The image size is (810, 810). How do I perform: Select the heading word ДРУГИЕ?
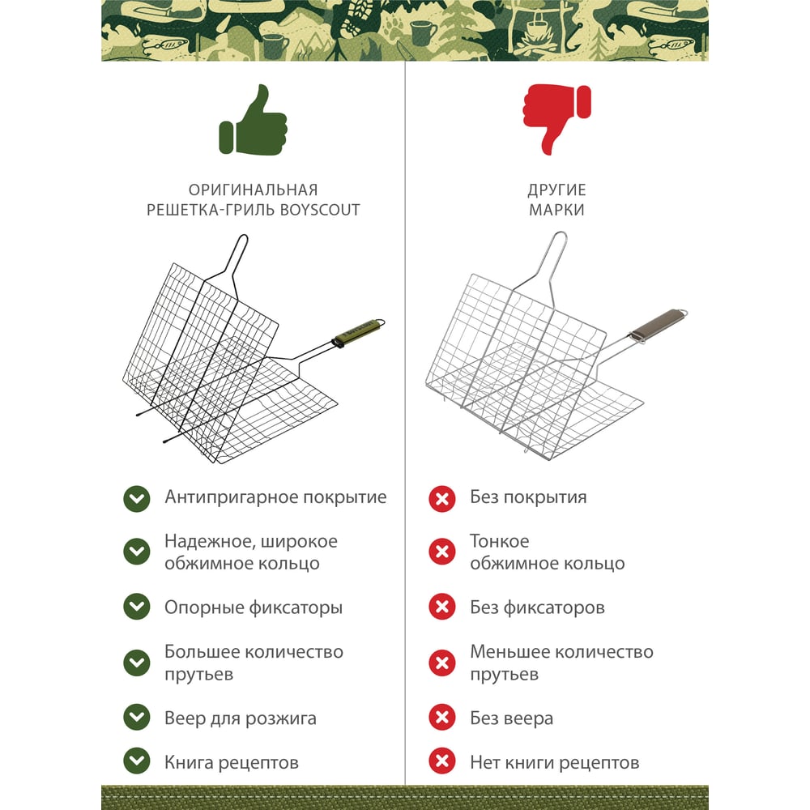coord(556,190)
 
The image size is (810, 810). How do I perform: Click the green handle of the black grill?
coord(360,331)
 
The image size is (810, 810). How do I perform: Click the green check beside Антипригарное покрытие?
coord(137,498)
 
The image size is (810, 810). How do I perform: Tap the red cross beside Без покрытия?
coord(442,498)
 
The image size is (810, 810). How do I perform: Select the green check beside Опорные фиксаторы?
coord(137,607)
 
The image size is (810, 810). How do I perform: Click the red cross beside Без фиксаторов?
coord(442,607)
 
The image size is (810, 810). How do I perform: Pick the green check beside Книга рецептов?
coord(137,761)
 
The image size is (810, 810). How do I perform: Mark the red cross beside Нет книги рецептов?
coord(442,761)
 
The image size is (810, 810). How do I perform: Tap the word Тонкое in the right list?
coord(500,541)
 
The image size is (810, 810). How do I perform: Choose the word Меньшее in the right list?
coord(509,652)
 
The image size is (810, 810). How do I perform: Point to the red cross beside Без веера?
coord(442,717)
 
